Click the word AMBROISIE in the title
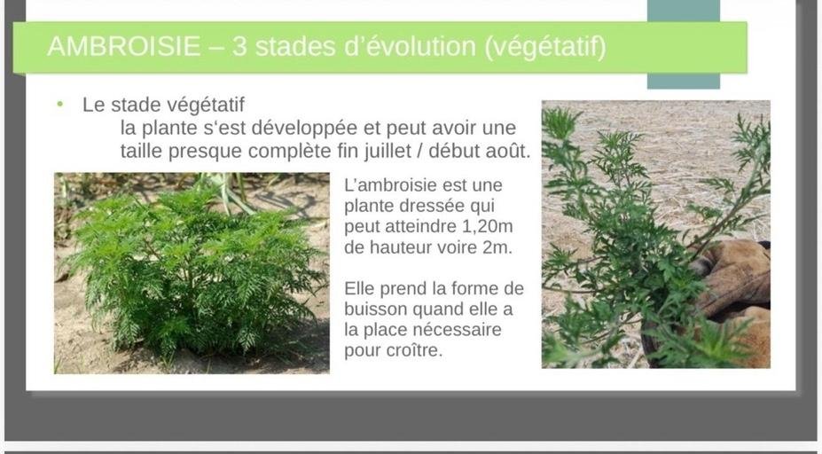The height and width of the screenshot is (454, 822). tap(124, 46)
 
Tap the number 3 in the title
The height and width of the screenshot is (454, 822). tap(239, 46)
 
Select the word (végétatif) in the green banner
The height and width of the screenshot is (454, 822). tap(545, 47)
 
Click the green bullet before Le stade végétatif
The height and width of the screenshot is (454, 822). tap(60, 105)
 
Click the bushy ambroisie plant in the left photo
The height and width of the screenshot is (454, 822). tap(194, 272)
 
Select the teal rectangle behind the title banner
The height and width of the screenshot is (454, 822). tap(684, 44)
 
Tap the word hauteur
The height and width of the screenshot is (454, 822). tap(403, 247)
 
